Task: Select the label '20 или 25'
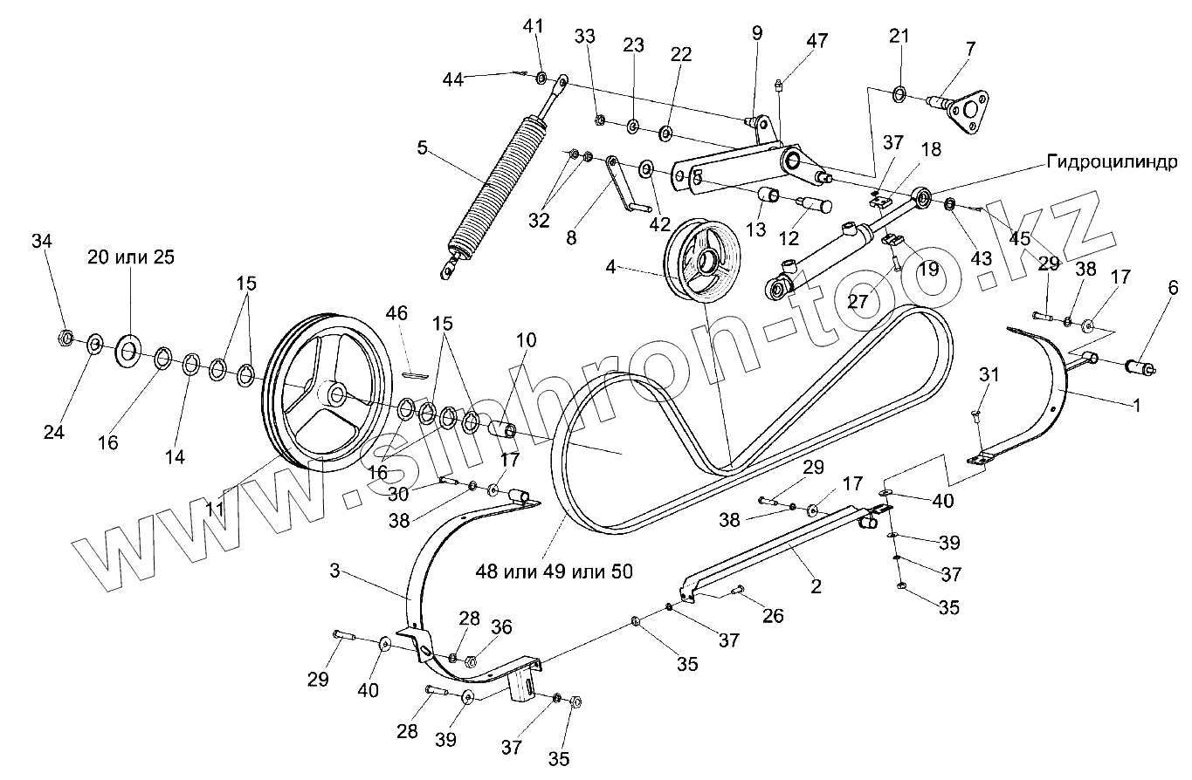point(130,257)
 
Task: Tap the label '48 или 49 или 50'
point(554,571)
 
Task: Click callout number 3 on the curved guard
point(334,571)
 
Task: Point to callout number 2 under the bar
point(816,587)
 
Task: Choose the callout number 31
point(988,375)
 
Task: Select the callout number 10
point(527,340)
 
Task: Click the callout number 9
point(756,33)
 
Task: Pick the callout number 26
point(774,615)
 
